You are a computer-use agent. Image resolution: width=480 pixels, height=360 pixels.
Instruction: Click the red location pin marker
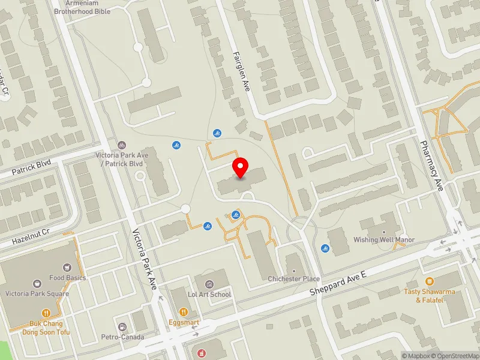coord(241,167)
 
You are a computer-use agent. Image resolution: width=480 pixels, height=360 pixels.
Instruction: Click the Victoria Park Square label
coord(37,293)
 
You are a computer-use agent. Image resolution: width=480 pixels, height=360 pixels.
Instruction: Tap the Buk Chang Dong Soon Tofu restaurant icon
coord(46,313)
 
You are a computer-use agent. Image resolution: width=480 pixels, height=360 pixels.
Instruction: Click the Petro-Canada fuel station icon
coord(122,327)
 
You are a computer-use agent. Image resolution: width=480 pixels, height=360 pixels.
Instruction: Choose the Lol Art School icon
coord(209,284)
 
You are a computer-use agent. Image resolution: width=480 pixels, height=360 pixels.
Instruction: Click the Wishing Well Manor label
coord(384,240)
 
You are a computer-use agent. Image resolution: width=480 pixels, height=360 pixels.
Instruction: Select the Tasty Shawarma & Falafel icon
coord(429,281)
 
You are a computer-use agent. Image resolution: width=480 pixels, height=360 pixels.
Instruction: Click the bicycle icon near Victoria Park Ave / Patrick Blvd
coord(122,145)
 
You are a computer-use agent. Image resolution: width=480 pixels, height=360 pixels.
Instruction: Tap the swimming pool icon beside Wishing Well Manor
coord(325,248)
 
